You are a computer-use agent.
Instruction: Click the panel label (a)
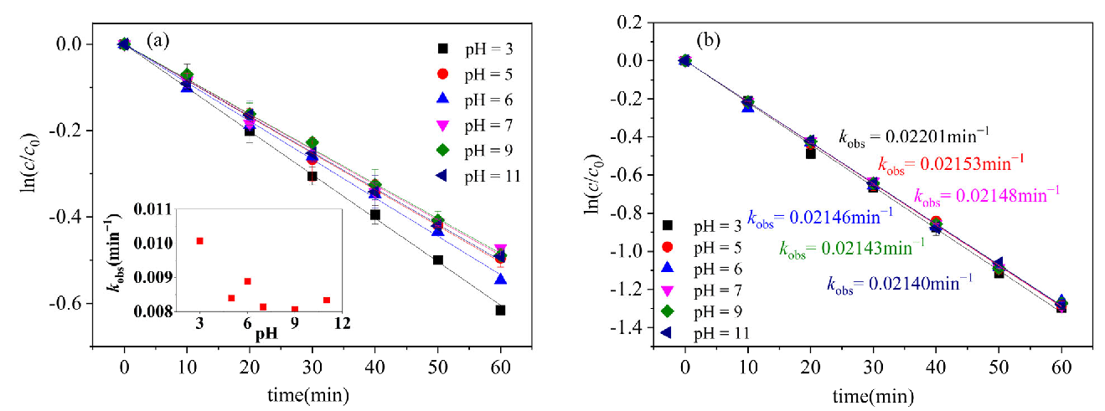click(159, 39)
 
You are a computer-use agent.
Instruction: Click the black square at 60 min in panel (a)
click(500, 311)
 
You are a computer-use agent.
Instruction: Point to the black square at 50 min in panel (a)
click(437, 259)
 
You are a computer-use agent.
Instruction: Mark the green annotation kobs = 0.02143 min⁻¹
click(852, 249)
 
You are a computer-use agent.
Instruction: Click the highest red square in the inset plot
click(199, 241)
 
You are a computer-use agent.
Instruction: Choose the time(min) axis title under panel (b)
click(871, 393)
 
